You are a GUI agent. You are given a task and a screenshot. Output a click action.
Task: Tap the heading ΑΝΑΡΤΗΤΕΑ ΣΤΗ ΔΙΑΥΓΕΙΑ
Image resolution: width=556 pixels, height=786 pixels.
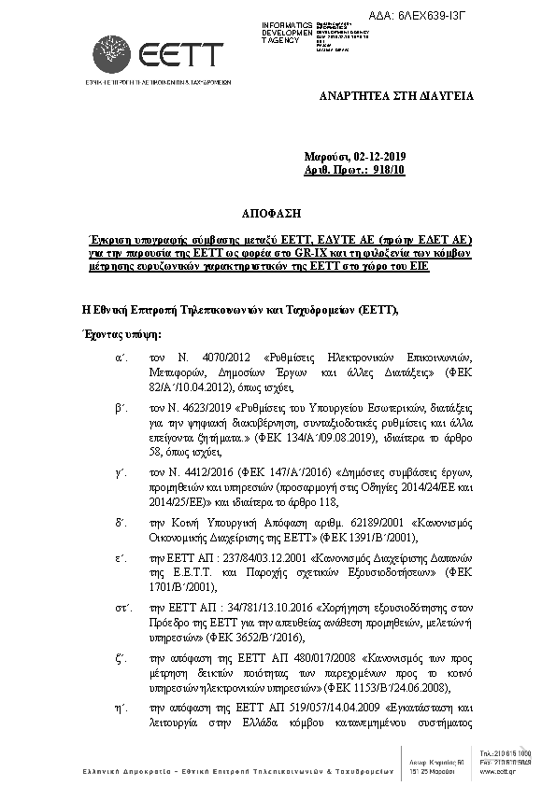[x=397, y=96]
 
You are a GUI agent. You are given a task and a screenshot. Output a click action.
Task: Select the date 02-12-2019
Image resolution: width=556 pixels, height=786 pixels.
[x=387, y=155]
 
